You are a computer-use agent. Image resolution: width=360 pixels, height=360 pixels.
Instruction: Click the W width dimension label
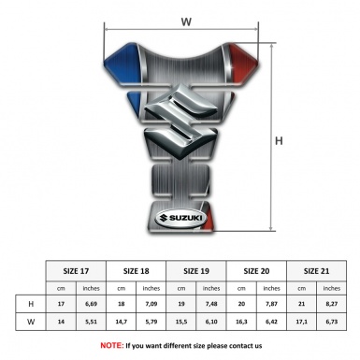[186, 19]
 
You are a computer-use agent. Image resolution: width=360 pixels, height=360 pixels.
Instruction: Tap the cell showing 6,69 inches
[92, 305]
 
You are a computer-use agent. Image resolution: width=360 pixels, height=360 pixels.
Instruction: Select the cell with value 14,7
[122, 324]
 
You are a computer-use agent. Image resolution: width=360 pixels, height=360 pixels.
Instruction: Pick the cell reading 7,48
[212, 305]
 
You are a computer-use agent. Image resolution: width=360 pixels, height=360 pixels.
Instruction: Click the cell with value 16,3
[242, 324]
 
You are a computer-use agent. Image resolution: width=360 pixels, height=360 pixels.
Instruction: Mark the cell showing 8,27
[330, 305]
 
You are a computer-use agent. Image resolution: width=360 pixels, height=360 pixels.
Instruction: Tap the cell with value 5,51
[92, 324]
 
